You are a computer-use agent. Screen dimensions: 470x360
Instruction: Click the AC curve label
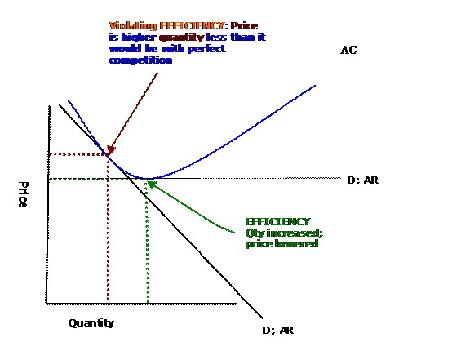coord(348,50)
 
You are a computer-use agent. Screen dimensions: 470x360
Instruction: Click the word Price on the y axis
coord(23,194)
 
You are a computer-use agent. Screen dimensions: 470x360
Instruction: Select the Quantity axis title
coord(91,323)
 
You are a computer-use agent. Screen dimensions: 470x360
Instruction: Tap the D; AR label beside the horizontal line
coord(362,180)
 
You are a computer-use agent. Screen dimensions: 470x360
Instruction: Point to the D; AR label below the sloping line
coord(278,331)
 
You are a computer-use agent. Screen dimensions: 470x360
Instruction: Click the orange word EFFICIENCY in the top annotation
coord(192,26)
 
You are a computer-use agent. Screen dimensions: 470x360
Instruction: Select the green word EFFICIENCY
coord(278,222)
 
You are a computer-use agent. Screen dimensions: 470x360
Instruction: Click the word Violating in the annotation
coord(133,26)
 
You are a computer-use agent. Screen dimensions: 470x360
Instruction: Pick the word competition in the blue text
coord(140,60)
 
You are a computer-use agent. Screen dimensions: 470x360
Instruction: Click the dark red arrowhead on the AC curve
coord(111,149)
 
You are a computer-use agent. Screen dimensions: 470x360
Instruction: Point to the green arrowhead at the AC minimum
coord(152,184)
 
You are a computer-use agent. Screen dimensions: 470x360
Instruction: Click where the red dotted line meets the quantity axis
coord(109,304)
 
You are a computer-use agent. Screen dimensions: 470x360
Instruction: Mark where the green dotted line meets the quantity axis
coord(148,304)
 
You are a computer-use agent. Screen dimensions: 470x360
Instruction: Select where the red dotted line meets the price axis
coord(49,154)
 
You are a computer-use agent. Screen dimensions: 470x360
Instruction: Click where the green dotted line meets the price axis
coord(49,179)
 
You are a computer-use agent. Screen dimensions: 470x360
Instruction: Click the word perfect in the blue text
coord(206,49)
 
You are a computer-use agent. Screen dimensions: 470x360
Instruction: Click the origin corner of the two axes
coord(47,304)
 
